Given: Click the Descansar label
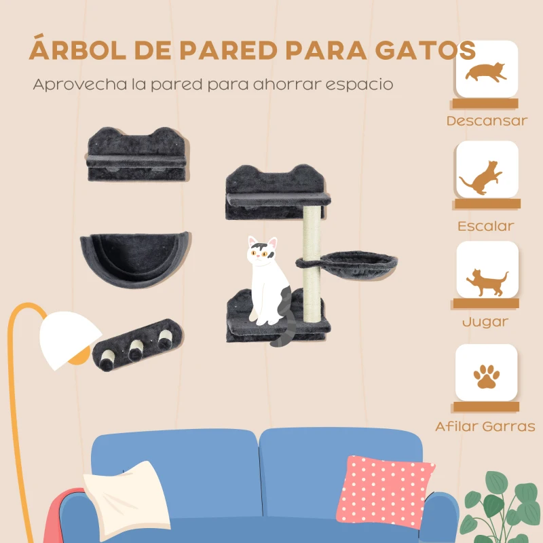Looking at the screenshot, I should click(487, 121).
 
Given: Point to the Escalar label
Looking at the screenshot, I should click(485, 226).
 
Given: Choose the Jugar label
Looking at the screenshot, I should click(485, 322).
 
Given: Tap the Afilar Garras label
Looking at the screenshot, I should click(485, 427).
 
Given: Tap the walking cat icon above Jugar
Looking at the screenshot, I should click(485, 280).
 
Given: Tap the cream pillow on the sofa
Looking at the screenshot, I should click(126, 498).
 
